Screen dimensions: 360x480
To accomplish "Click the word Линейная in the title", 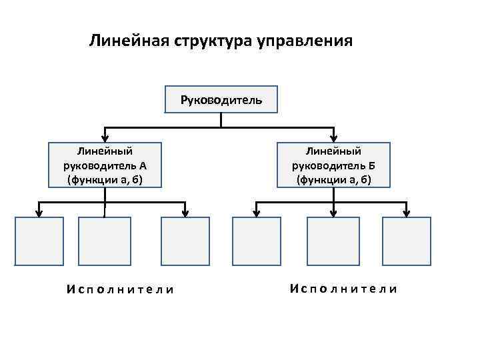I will tap(130, 42).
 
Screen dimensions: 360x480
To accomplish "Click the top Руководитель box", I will tap(221, 100).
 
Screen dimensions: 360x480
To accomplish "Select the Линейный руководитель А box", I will tap(105, 165).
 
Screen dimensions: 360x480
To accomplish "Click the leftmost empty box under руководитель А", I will tap(39, 241).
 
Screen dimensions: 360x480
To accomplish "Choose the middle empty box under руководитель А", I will tap(104, 241).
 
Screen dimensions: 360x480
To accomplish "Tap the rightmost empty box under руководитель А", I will tap(185, 241).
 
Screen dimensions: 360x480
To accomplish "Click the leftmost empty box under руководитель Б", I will tap(257, 241).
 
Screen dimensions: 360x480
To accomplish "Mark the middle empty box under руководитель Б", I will tap(331, 241).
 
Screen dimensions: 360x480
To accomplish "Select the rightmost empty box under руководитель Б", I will tap(406, 241).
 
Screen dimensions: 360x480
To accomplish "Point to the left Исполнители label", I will tap(120, 289).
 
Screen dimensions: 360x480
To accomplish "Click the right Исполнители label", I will tap(344, 289).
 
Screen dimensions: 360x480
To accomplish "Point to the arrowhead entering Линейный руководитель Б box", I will tap(334, 137).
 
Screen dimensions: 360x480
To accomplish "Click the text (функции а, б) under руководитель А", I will tap(105, 180).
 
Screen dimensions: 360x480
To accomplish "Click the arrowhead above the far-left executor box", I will tap(39, 213).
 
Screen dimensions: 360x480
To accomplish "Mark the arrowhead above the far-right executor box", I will tap(406, 213).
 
